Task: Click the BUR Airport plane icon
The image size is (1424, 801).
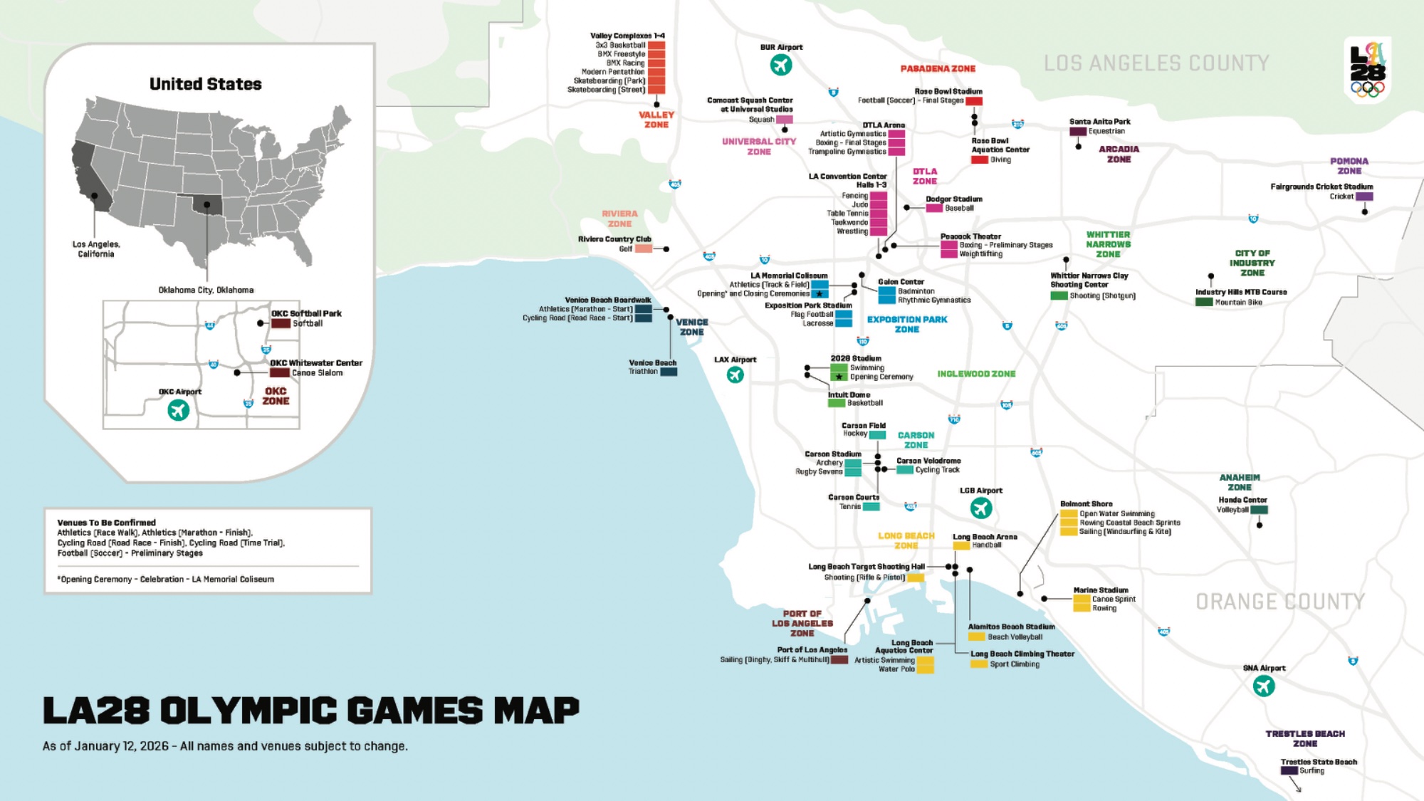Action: pyautogui.click(x=781, y=65)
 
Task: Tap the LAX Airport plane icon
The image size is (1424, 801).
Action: pyautogui.click(x=735, y=375)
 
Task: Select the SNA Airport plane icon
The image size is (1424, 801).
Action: pyautogui.click(x=1264, y=686)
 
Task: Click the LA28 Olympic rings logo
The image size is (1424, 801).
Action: pyautogui.click(x=1368, y=70)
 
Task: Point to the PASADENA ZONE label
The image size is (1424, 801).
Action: pyautogui.click(x=938, y=68)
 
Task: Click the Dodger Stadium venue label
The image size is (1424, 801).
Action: pyautogui.click(x=953, y=199)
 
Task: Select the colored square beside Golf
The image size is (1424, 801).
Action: pyautogui.click(x=644, y=248)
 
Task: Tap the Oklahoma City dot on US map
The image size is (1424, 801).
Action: pyautogui.click(x=206, y=205)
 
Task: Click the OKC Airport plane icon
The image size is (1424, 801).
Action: pyautogui.click(x=178, y=410)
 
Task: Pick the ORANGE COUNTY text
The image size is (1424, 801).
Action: pyautogui.click(x=1280, y=602)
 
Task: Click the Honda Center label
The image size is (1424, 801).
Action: pyautogui.click(x=1242, y=500)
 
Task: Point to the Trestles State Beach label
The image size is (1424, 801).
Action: pyautogui.click(x=1319, y=762)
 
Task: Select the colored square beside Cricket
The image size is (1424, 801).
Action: pyautogui.click(x=1364, y=197)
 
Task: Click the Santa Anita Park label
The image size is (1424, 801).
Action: pyautogui.click(x=1099, y=122)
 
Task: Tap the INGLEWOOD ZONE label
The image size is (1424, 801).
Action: pyautogui.click(x=976, y=374)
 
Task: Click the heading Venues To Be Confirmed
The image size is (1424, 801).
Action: pyautogui.click(x=106, y=523)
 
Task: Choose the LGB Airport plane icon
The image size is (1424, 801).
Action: pyautogui.click(x=981, y=508)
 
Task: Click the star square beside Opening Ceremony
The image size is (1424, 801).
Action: pyautogui.click(x=839, y=377)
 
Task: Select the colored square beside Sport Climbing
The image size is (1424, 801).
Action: pyautogui.click(x=979, y=664)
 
